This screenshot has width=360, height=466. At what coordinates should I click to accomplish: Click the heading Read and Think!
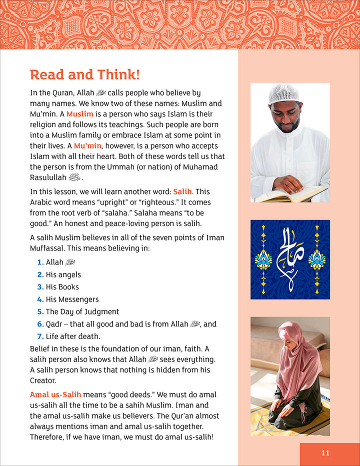click(85, 74)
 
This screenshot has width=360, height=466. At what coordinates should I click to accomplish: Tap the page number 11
click(325, 453)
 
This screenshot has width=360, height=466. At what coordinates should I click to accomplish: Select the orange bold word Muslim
click(80, 114)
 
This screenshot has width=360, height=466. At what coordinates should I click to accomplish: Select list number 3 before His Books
click(40, 287)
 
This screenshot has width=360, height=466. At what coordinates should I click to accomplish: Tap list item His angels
click(63, 274)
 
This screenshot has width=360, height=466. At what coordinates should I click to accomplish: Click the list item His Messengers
click(72, 299)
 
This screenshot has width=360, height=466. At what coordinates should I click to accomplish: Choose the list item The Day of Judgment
click(82, 311)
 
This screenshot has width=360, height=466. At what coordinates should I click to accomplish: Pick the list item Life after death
click(73, 336)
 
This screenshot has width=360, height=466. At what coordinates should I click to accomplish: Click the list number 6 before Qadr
click(40, 324)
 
